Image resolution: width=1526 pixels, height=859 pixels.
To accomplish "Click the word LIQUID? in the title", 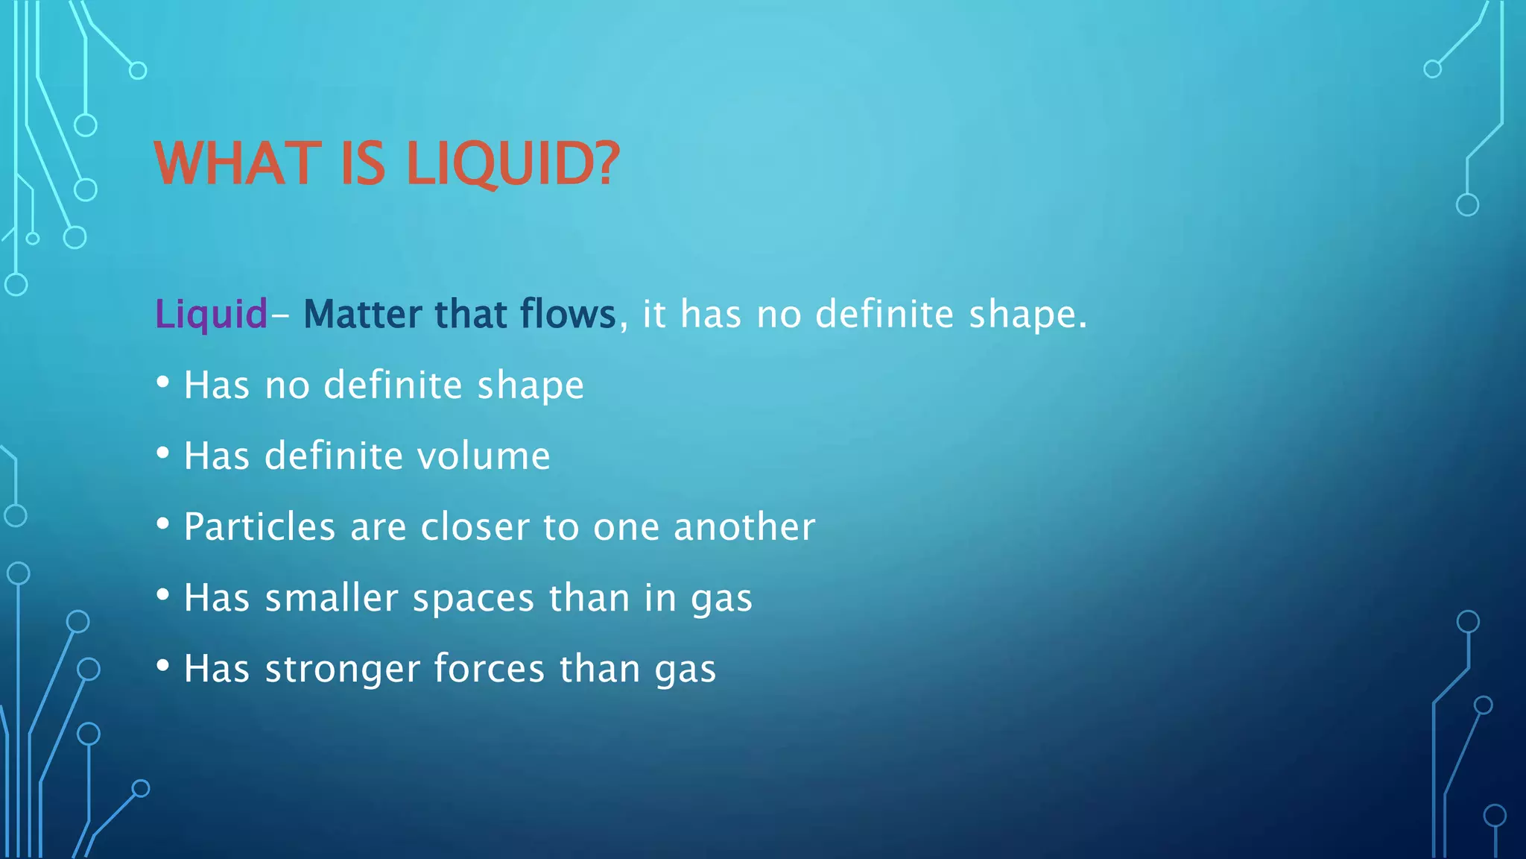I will [x=513, y=164].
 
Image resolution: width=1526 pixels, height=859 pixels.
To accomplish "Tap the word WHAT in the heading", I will [x=235, y=164].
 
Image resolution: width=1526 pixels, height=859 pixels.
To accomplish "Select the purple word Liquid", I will [x=211, y=314].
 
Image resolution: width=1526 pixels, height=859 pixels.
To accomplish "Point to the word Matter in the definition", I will [x=362, y=314].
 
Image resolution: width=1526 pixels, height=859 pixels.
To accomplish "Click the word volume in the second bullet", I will [x=484, y=456].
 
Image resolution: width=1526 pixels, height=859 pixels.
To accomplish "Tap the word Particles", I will [x=259, y=527].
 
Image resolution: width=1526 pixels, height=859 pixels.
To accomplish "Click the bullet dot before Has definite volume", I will [x=163, y=453].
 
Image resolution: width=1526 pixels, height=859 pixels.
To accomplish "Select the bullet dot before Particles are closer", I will [x=163, y=524].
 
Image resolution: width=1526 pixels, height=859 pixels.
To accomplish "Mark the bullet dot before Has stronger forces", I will [x=163, y=666].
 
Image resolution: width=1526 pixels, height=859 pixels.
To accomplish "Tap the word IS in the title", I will [x=363, y=164].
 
